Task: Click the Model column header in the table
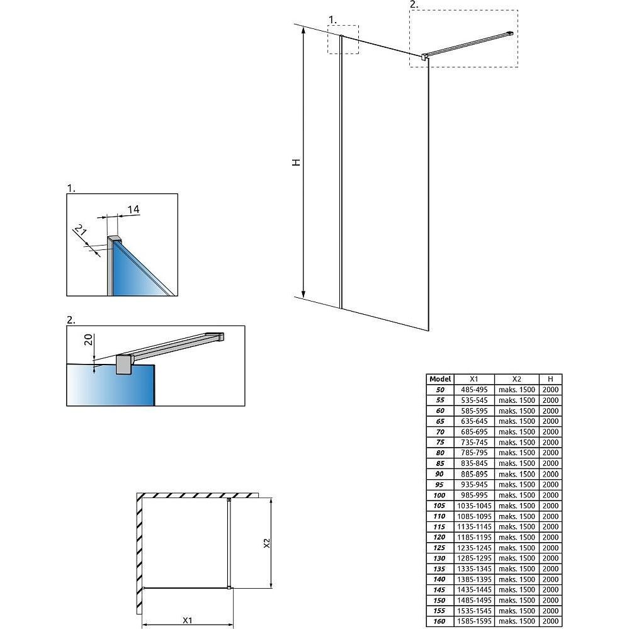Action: pos(440,379)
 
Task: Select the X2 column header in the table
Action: pos(517,379)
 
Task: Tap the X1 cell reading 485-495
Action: pos(474,390)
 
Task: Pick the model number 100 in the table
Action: pos(439,495)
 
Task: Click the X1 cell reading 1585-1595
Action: pos(474,621)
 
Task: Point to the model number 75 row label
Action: pos(440,442)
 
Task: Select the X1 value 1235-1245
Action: pos(474,548)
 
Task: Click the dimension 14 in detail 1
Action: pos(133,209)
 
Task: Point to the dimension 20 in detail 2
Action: pos(89,339)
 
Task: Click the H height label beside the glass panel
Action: pos(296,162)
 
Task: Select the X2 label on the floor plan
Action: pos(267,543)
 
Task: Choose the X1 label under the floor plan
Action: pos(188,620)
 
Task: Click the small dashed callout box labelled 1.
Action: pos(343,39)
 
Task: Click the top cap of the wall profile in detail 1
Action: pos(115,239)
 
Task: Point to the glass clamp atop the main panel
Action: pos(424,57)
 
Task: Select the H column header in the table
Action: pos(550,379)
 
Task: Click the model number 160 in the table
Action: pos(439,621)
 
